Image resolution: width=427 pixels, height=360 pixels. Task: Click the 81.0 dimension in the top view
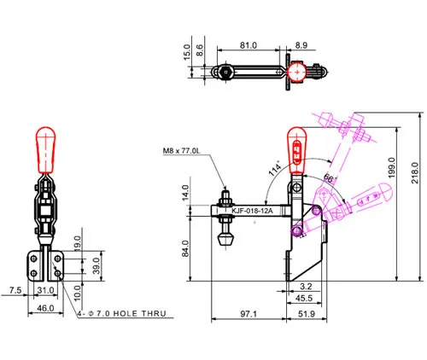point(249,45)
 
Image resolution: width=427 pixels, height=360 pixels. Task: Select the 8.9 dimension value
point(301,45)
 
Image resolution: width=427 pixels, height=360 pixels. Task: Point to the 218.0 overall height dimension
point(415,173)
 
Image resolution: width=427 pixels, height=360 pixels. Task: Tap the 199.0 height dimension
point(392,168)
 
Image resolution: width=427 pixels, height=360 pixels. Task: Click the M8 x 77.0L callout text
point(181,151)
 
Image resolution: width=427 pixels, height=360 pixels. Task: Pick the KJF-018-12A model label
point(252,211)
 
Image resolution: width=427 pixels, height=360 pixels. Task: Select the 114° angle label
point(275,169)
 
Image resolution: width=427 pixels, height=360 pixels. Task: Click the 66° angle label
point(330,178)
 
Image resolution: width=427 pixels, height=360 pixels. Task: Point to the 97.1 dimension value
point(249,314)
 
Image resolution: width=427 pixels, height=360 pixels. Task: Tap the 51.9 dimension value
point(307,314)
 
